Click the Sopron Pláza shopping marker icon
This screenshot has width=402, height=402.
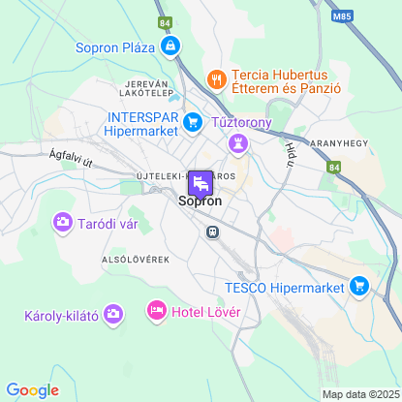(x=170, y=46)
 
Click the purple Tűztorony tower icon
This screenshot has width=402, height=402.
(x=236, y=143)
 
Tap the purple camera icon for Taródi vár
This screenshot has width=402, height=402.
(x=63, y=222)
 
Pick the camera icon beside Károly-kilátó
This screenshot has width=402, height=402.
(x=114, y=314)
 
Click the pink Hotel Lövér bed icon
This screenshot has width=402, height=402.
(x=155, y=311)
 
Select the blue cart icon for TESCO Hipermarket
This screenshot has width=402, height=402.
(x=360, y=286)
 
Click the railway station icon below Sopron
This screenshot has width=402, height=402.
(x=210, y=232)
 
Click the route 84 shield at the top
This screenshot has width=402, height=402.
(x=165, y=22)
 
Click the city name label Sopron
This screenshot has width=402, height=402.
(x=201, y=202)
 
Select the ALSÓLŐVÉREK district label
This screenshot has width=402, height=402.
(x=136, y=261)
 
